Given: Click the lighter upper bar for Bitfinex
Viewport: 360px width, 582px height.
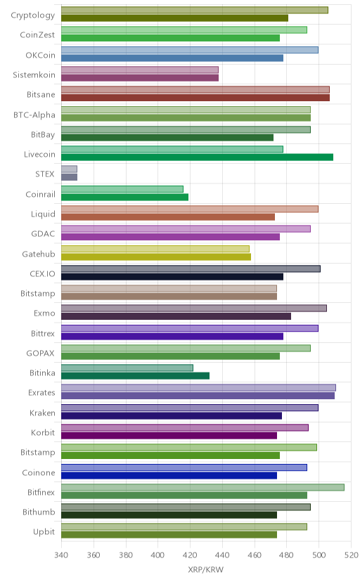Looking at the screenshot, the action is point(202,487).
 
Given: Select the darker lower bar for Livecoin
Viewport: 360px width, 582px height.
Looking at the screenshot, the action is point(197,157).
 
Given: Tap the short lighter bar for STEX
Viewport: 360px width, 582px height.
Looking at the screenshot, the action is point(69,169).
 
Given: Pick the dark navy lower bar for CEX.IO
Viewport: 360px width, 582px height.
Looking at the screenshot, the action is point(172,276).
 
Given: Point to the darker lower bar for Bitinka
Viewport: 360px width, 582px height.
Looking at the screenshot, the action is point(135,375).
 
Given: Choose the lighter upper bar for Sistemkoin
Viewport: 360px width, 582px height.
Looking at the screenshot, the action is point(140,70).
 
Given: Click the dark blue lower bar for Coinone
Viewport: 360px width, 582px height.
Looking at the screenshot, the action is point(169,475).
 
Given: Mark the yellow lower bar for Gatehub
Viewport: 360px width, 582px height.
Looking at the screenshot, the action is point(156,257).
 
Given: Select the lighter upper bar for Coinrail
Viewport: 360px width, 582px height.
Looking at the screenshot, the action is point(122,189).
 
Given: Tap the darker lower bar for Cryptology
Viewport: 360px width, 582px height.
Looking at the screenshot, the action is point(174,18).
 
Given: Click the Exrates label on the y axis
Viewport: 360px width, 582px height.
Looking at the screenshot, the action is point(41,393).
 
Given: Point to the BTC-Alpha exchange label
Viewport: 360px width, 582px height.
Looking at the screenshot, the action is point(34,115).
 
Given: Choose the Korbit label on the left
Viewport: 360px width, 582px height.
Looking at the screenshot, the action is point(43,432).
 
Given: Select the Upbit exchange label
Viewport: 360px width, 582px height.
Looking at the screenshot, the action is point(44,532).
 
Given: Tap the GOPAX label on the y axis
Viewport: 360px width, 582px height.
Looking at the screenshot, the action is point(41,353).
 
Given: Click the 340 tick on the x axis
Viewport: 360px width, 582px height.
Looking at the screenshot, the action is point(61,555).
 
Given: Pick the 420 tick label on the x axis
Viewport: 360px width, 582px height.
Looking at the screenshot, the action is point(190,555).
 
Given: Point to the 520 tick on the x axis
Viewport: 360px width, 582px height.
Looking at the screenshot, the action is point(351,555).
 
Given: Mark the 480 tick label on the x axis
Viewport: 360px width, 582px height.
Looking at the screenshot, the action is point(286,555).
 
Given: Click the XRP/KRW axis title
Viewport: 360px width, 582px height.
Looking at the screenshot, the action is point(206,570).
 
